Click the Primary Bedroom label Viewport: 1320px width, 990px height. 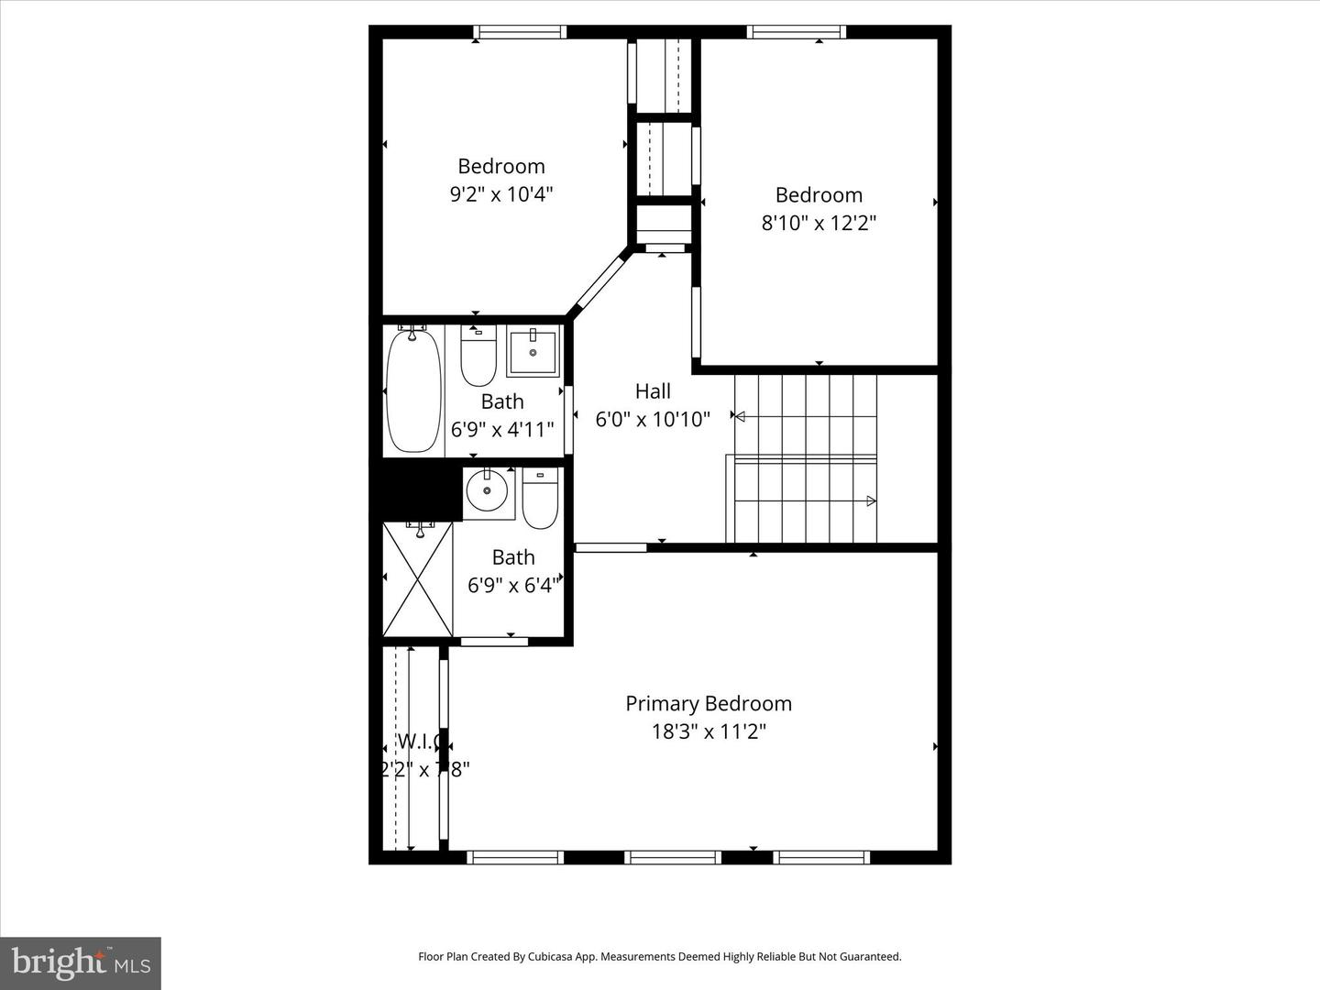pos(708,704)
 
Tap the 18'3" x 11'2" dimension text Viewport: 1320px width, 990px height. pos(708,731)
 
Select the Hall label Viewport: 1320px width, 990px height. pos(653,391)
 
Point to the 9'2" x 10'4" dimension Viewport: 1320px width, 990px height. pos(501,194)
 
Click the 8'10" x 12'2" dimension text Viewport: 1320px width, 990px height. pos(819,223)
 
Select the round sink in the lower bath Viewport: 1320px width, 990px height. pos(487,491)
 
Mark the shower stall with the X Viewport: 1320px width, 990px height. pos(418,578)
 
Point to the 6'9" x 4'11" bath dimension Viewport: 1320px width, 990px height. pos(502,429)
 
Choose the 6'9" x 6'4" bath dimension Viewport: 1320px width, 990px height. pos(511,585)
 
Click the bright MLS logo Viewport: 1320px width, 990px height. pos(80,962)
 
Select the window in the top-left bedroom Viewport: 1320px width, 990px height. pos(520,33)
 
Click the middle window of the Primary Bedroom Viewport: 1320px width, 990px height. pos(672,858)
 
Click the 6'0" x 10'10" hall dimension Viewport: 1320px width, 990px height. pos(653,420)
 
